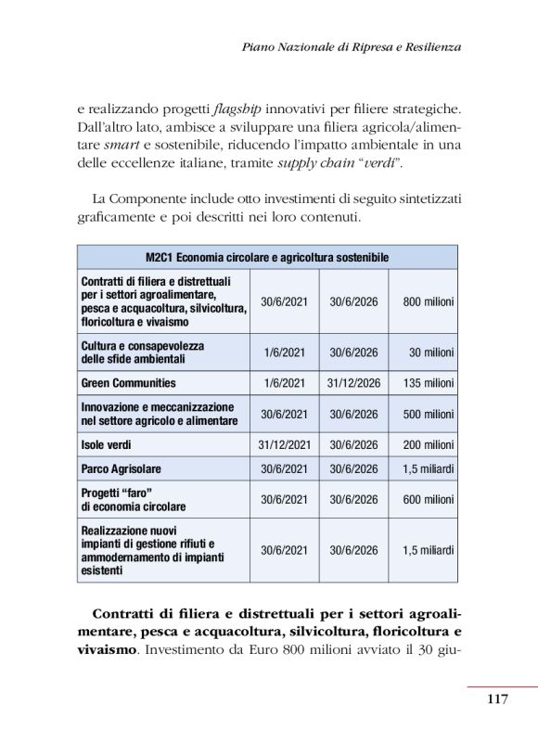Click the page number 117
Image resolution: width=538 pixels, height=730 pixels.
click(x=497, y=698)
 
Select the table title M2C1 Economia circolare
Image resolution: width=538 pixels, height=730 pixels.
click(x=266, y=257)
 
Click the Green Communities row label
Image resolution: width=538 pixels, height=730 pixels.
click(x=128, y=382)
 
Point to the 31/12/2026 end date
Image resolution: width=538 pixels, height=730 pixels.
click(x=353, y=382)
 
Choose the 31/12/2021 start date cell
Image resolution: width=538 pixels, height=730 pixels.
click(x=285, y=444)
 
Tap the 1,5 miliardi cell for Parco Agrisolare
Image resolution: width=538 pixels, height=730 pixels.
click(x=428, y=468)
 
